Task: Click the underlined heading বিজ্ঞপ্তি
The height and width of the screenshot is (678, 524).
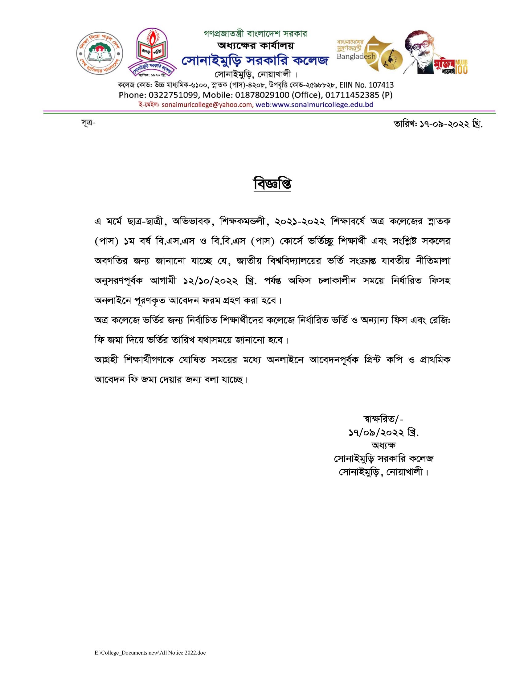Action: pos(272,184)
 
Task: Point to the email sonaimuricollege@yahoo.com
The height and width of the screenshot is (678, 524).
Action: pos(207,104)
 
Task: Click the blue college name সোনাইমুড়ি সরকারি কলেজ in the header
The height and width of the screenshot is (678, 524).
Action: pos(255,60)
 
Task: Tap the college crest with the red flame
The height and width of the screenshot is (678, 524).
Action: pos(152,53)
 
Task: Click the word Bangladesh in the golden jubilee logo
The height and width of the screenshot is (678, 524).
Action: pos(356,57)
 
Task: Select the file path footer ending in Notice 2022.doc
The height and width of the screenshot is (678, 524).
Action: pos(150,652)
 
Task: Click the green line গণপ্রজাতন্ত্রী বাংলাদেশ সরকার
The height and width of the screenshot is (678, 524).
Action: pos(255,34)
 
